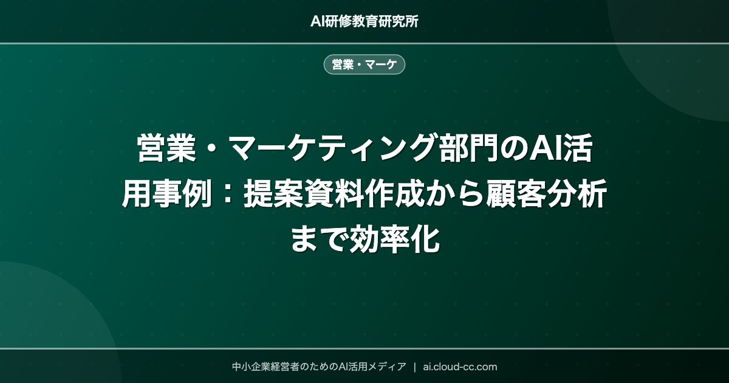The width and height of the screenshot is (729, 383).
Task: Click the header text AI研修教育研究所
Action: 364,21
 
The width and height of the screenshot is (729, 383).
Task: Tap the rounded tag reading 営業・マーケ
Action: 364,64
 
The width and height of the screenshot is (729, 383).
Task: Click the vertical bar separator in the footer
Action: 414,367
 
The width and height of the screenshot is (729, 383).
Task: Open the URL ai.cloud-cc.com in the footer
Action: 460,367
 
